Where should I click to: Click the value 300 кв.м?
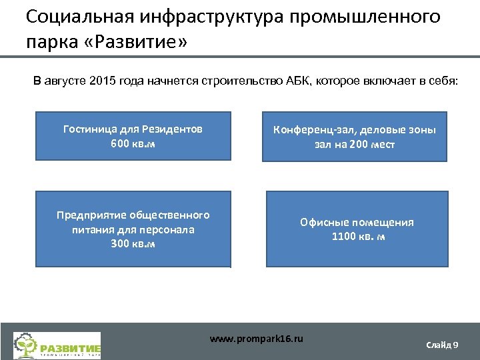click(x=133, y=243)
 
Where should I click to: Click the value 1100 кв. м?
click(x=357, y=236)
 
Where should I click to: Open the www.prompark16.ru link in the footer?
click(x=256, y=339)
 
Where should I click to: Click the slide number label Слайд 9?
click(x=441, y=344)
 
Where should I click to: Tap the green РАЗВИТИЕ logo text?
click(x=70, y=347)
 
